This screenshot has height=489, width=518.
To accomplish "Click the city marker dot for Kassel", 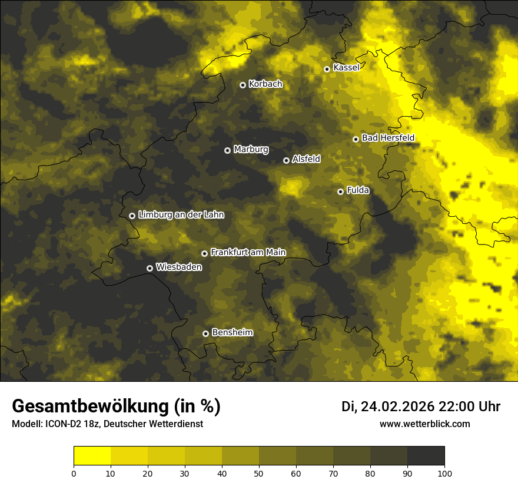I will click(327, 69).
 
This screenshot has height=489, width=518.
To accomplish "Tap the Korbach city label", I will click(265, 84).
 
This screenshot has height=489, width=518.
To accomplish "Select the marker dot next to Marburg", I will click(227, 150).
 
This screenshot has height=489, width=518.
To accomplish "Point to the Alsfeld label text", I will click(306, 159).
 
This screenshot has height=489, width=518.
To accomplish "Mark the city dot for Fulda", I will click(340, 191).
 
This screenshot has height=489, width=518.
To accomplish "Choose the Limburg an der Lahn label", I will click(181, 215).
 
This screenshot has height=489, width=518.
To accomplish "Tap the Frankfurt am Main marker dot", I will click(204, 253).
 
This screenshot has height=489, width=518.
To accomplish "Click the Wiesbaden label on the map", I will click(179, 267).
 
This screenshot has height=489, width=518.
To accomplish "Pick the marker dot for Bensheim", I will click(205, 333).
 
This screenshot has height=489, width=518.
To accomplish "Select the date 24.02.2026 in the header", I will click(397, 407).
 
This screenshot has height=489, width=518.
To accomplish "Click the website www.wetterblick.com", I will click(425, 424).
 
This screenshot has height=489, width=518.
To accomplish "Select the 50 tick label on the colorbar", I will click(259, 473).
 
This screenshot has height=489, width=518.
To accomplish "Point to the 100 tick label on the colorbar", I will click(444, 473).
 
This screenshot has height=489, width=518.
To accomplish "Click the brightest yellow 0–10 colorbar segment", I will click(92, 456).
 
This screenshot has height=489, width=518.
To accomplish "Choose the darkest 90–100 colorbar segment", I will click(426, 456).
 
